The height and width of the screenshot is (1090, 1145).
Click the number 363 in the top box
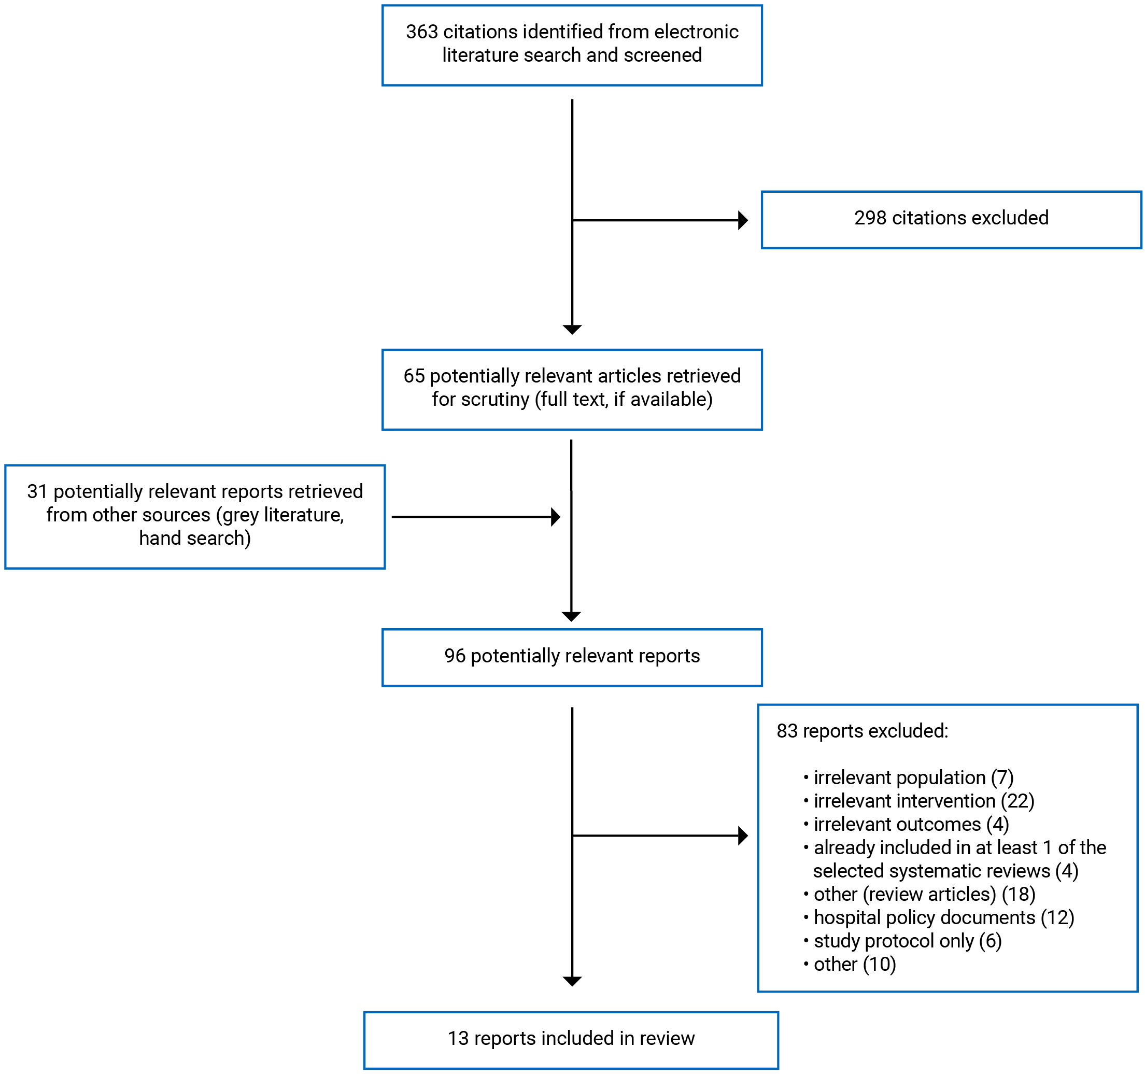(422, 32)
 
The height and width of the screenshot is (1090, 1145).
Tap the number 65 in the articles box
(414, 376)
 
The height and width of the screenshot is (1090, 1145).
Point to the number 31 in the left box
(37, 492)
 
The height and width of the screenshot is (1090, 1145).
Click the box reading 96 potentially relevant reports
(572, 657)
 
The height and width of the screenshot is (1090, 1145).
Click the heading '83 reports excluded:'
(861, 731)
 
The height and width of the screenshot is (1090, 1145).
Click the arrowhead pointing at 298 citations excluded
(742, 221)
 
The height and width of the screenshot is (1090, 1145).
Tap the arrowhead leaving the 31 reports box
(555, 517)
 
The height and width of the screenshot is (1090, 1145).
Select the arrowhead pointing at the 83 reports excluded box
(742, 836)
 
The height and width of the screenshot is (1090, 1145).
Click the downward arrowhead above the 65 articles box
(572, 330)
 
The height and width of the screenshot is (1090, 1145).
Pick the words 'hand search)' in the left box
(194, 539)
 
